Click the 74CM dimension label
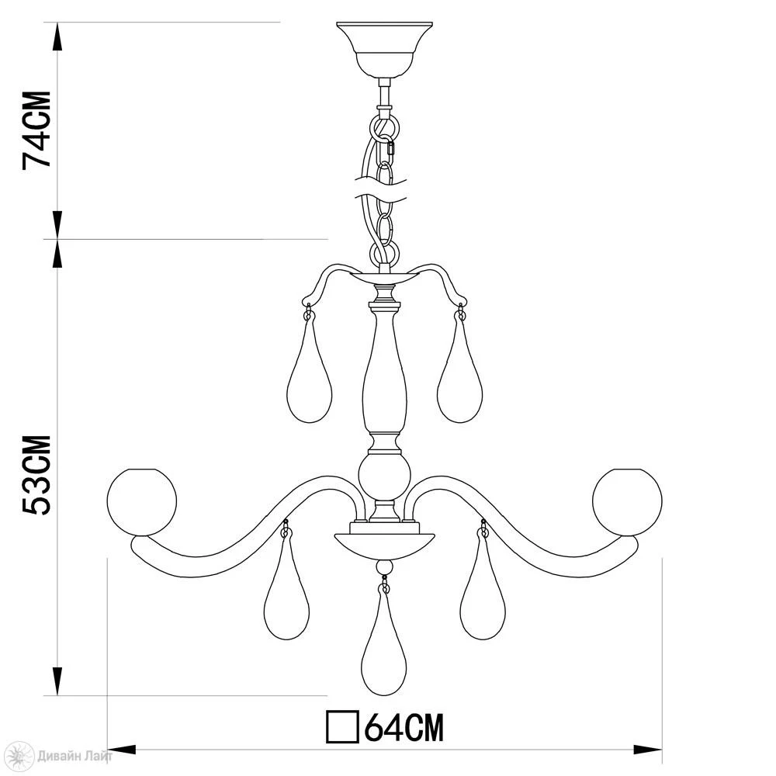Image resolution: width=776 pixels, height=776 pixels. click(x=36, y=130)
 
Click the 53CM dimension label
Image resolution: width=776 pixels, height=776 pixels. click(x=36, y=476)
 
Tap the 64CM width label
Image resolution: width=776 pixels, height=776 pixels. click(x=404, y=727)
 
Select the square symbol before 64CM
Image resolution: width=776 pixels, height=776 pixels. click(x=342, y=727)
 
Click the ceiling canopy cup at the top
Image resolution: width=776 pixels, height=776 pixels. click(x=385, y=50)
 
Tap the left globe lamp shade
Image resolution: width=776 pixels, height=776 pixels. click(x=141, y=502)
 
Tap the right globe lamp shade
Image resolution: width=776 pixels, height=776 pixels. click(x=627, y=502)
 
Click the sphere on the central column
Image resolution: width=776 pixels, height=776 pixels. click(x=385, y=476)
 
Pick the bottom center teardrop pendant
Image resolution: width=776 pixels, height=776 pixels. click(x=384, y=644)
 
